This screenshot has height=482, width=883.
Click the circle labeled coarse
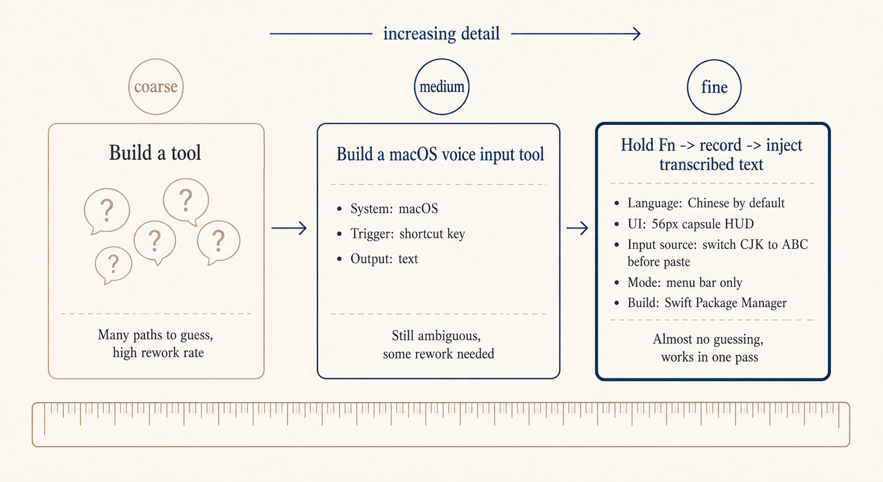point(156,87)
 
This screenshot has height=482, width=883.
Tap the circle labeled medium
point(441,87)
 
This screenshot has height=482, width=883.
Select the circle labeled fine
point(714,87)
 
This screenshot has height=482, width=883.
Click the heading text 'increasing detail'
point(441,34)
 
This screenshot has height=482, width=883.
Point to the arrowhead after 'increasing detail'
point(637,34)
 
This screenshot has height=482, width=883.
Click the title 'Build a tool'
point(155,153)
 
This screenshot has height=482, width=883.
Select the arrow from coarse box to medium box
point(289,228)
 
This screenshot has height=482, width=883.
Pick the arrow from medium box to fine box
point(577,228)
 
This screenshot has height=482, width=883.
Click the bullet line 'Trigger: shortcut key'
point(407,234)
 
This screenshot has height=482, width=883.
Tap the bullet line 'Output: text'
point(384,259)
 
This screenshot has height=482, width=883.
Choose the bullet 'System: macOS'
point(394,209)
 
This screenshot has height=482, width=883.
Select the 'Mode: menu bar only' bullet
point(684,283)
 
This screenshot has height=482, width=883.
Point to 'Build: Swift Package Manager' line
point(706,303)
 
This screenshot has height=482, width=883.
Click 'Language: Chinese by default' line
point(705,203)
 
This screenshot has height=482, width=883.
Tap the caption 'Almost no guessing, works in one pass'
point(708,348)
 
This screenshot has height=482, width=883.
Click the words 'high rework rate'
point(158,353)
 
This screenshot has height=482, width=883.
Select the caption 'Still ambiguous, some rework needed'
point(438,345)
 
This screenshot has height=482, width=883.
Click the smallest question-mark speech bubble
point(113,264)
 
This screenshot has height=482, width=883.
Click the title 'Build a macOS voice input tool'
point(440,155)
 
